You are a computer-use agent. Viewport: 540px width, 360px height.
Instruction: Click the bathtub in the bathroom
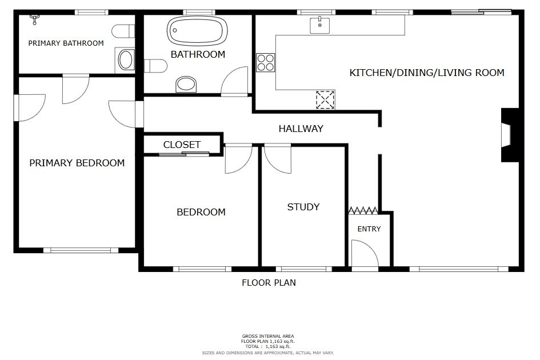click(197, 31)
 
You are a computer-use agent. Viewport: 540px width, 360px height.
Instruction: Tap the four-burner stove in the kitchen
click(266, 63)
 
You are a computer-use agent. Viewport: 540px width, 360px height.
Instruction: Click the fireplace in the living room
click(509, 135)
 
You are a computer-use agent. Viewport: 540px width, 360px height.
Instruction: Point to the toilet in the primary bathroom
click(123, 31)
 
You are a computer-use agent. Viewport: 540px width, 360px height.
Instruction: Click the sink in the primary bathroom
click(126, 59)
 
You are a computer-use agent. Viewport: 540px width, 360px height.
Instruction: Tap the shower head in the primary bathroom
click(34, 19)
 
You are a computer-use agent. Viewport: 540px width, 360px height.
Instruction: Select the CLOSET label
click(182, 145)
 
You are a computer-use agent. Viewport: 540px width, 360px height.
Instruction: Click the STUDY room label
click(303, 207)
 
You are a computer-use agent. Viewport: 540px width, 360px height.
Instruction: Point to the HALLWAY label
click(301, 129)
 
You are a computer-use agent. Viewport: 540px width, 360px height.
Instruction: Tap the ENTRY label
click(369, 229)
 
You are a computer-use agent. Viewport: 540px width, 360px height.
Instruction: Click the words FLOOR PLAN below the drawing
click(269, 283)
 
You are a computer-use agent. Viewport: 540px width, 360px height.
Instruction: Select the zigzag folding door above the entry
click(363, 210)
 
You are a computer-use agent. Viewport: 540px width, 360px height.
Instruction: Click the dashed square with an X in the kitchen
click(325, 100)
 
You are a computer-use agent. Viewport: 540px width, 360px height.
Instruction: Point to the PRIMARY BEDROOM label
click(77, 163)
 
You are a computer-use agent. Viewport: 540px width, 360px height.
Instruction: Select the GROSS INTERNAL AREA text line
click(268, 336)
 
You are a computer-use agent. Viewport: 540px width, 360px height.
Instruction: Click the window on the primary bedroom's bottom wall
click(81, 250)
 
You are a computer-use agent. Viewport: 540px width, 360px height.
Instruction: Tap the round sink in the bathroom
click(186, 84)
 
